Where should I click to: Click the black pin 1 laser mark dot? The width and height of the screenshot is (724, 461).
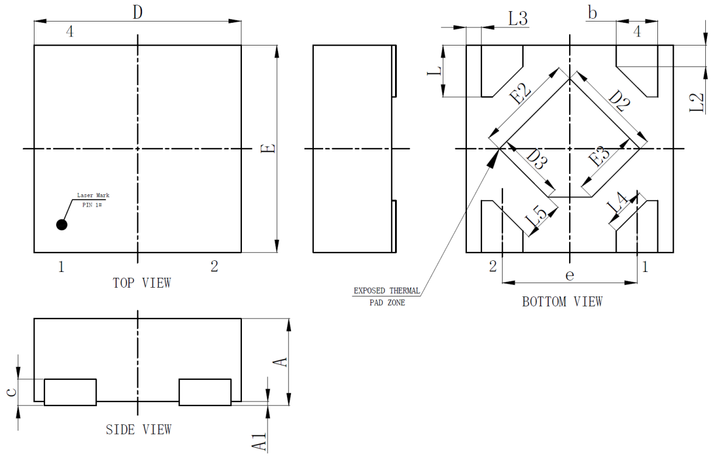click(62, 225)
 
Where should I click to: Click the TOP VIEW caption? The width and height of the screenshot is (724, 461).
click(141, 283)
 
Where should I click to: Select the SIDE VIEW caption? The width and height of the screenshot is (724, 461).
click(138, 429)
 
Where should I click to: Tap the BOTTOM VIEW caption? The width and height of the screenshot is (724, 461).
click(562, 302)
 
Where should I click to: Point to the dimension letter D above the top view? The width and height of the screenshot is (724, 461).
click(138, 13)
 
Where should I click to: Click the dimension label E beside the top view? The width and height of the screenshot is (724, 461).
click(268, 148)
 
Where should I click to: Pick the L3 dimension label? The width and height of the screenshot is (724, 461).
click(518, 18)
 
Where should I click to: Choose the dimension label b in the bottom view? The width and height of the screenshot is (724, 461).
click(592, 13)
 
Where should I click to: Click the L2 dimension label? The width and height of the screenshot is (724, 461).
click(697, 103)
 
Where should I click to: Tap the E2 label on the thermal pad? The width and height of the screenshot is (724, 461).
click(520, 93)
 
